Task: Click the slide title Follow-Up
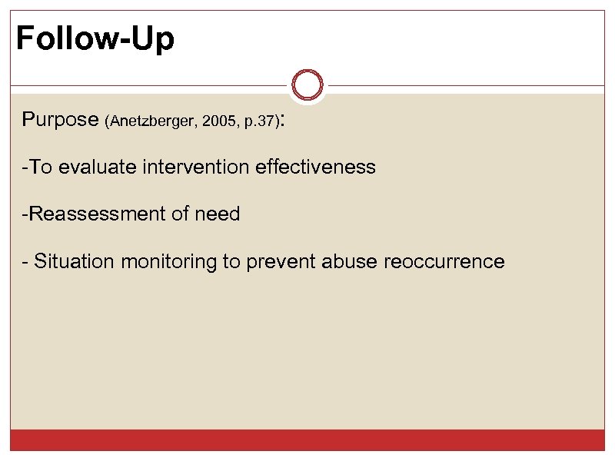(95, 38)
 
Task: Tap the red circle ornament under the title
(308, 85)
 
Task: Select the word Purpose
(60, 120)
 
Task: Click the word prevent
(281, 263)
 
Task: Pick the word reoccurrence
(444, 262)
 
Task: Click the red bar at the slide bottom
(307, 440)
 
